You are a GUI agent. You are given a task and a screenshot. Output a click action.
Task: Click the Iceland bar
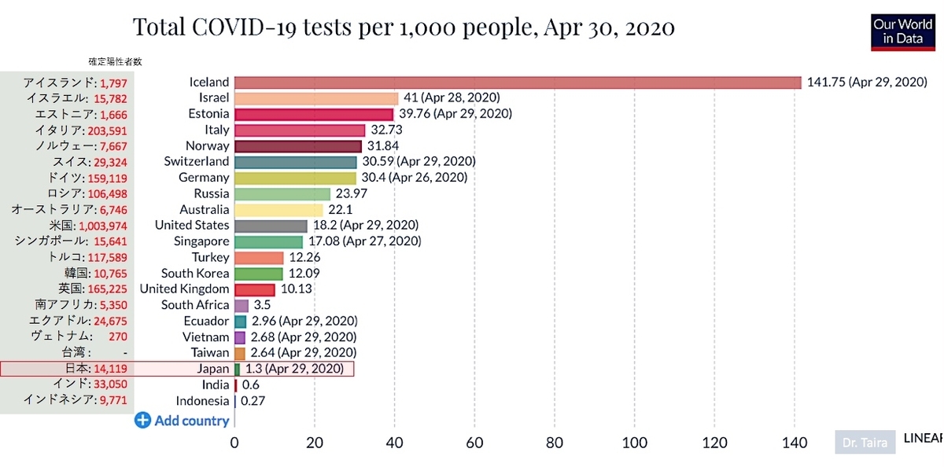(518, 83)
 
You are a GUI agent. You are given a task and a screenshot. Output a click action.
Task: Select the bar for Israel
(316, 98)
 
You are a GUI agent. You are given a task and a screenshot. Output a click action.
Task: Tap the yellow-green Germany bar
(295, 178)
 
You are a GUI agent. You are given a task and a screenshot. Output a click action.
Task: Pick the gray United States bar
(271, 226)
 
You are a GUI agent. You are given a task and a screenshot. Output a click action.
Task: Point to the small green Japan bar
(238, 370)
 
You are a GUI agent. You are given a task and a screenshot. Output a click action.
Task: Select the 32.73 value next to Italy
(386, 130)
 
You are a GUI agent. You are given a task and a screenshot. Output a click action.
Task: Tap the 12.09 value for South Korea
(304, 274)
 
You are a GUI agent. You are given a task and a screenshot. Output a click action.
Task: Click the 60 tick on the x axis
(474, 443)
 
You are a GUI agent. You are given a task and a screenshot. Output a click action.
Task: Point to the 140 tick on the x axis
(795, 443)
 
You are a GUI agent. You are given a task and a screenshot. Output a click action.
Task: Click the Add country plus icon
(142, 421)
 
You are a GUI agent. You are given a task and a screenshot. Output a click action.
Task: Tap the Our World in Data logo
(903, 32)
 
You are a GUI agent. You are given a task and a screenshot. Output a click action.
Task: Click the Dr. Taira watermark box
(865, 442)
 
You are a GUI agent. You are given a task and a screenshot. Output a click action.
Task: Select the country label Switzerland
(197, 162)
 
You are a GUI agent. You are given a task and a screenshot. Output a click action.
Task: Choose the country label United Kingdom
(185, 289)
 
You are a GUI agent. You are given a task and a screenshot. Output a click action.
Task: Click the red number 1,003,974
(103, 226)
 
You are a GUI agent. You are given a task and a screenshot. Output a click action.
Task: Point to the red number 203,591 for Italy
(108, 131)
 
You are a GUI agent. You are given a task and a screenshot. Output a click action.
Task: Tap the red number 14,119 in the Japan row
(110, 369)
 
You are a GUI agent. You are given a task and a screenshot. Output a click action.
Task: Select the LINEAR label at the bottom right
(923, 439)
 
